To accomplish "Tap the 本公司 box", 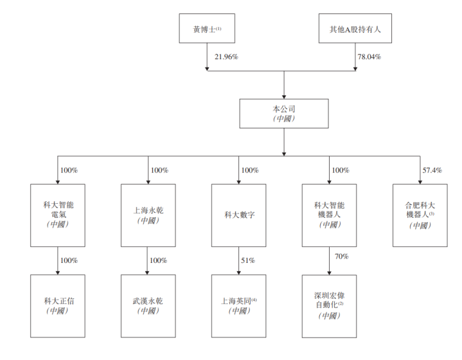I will [284, 113].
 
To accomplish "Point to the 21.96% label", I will [226, 57].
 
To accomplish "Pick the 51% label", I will [247, 260].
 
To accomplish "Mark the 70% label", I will [341, 256].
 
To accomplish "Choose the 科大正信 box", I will [58, 305].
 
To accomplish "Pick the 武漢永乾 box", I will [148, 305].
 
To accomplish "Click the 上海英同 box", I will [239, 305].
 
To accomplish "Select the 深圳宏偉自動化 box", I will [330, 305].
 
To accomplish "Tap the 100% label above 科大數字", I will [250, 170].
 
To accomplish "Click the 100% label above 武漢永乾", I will [159, 260].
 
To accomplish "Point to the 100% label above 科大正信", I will [69, 260].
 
